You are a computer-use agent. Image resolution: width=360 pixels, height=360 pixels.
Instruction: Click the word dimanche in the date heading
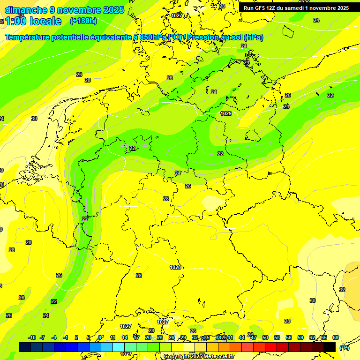(26, 10)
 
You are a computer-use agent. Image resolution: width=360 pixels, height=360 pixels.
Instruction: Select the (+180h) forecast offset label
(83, 21)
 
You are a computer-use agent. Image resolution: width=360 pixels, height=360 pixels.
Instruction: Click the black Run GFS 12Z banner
(296, 8)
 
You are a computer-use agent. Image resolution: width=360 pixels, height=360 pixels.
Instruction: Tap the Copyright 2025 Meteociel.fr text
(199, 357)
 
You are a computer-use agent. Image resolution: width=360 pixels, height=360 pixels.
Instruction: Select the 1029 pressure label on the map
(226, 114)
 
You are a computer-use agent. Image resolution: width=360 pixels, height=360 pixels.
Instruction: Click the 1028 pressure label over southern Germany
(175, 267)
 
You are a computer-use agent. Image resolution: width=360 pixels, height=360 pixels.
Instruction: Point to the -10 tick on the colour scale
(32, 337)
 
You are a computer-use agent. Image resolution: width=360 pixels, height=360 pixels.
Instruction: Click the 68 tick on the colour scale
(336, 337)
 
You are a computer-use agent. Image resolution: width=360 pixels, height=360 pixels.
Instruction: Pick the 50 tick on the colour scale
(265, 337)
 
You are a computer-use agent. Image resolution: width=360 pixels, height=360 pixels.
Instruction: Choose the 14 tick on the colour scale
(125, 337)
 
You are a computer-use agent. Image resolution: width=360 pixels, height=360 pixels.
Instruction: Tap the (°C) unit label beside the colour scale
(344, 348)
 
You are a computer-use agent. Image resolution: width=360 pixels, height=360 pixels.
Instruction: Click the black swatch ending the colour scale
(330, 347)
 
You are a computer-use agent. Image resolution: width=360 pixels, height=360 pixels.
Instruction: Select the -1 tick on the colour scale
(66, 337)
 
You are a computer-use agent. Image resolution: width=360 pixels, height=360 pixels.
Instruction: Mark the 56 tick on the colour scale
(289, 337)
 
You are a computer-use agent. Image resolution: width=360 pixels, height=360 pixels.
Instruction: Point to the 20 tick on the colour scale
(148, 337)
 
